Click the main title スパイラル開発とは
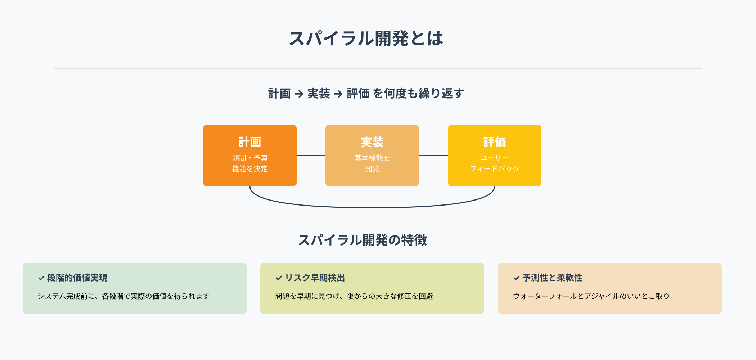(x=366, y=39)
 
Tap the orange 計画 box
(x=250, y=156)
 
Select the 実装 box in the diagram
(x=372, y=156)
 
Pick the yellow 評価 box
(x=495, y=156)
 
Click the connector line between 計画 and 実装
(x=311, y=156)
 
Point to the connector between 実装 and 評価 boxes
(x=433, y=156)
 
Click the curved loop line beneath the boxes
(x=372, y=207)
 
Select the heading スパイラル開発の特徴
(x=362, y=240)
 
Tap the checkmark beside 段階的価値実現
(x=41, y=278)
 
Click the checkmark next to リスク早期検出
(x=279, y=278)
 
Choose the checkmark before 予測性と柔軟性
(x=517, y=278)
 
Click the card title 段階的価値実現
(x=77, y=278)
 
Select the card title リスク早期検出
(x=315, y=278)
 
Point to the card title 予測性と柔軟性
(x=553, y=278)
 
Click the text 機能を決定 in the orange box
(x=250, y=169)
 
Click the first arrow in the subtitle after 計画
(x=299, y=94)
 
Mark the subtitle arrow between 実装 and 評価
(x=338, y=94)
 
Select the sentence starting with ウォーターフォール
(x=591, y=296)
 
